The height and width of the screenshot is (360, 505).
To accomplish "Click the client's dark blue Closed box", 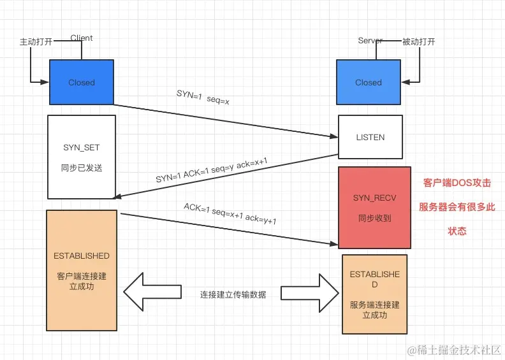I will click(x=82, y=82).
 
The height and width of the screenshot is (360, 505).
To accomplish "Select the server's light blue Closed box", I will click(x=369, y=82).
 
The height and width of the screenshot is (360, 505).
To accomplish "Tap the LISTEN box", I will click(x=370, y=137).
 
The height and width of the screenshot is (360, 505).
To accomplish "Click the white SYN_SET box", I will click(x=81, y=157).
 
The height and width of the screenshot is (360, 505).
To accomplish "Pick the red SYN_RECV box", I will click(x=374, y=208).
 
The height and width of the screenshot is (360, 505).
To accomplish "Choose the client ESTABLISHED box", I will click(x=82, y=270).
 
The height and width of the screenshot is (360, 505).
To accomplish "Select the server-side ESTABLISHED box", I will click(x=374, y=294).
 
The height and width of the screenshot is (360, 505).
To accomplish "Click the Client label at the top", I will click(x=82, y=38).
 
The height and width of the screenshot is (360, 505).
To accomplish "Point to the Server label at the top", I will click(x=370, y=41).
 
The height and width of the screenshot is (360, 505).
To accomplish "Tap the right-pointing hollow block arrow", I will click(x=309, y=294).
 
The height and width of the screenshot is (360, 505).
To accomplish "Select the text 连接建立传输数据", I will click(x=233, y=294).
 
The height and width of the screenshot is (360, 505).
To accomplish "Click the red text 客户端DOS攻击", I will click(x=457, y=183).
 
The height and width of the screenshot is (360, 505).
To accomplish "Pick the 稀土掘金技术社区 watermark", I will click(x=456, y=350).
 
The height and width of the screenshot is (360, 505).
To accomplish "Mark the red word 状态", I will click(x=457, y=231).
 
